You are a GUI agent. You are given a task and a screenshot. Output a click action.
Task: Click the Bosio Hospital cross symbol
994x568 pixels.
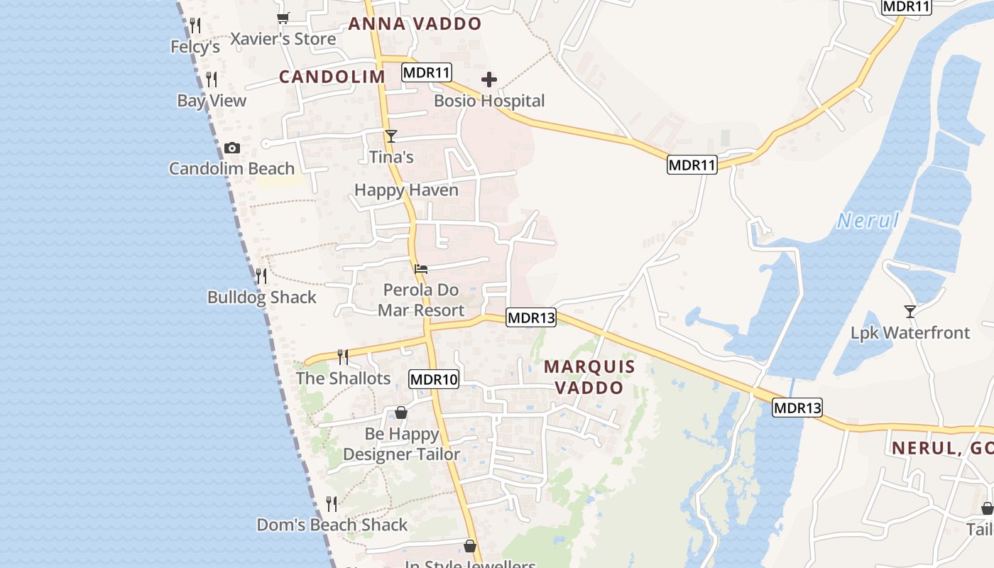pyautogui.click(x=489, y=80)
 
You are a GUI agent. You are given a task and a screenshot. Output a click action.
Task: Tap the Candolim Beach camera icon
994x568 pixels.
pyautogui.click(x=231, y=148)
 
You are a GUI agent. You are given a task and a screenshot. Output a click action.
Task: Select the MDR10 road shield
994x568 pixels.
pyautogui.click(x=434, y=379)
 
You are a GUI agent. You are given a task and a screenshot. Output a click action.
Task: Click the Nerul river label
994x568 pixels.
pyautogui.click(x=868, y=221)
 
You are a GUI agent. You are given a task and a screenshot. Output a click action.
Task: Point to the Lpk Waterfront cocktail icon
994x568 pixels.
pyautogui.click(x=910, y=311)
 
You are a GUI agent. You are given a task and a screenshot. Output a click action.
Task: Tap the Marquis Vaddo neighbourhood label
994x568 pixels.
pyautogui.click(x=589, y=377)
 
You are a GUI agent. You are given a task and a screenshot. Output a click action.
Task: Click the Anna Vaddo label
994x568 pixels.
pyautogui.click(x=415, y=23)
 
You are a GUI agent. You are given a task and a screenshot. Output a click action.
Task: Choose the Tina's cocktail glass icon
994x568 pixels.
pyautogui.click(x=390, y=136)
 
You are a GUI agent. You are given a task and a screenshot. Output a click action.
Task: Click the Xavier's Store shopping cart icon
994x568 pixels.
pyautogui.click(x=283, y=18)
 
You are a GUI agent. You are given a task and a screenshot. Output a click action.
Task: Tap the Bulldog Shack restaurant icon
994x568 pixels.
pyautogui.click(x=261, y=275)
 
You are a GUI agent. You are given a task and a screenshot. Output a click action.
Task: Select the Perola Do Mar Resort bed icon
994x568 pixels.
pyautogui.click(x=421, y=269)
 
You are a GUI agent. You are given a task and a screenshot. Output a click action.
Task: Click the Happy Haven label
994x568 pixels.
pyautogui.click(x=406, y=190)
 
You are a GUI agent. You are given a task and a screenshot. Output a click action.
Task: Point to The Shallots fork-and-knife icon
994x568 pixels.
pyautogui.click(x=342, y=356)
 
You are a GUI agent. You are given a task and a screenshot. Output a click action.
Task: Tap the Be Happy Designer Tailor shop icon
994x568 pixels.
pyautogui.click(x=401, y=413)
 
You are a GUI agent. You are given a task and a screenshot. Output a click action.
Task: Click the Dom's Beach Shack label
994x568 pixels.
pyautogui.click(x=332, y=525)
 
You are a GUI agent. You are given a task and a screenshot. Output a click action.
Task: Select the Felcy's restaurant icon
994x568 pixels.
pyautogui.click(x=195, y=26)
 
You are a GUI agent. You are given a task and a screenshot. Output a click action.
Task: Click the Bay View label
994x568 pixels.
pyautogui.click(x=212, y=101)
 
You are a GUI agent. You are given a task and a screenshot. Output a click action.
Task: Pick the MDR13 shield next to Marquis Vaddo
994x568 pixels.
pyautogui.click(x=530, y=317)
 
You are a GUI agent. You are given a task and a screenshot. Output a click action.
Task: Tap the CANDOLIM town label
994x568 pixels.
pyautogui.click(x=332, y=77)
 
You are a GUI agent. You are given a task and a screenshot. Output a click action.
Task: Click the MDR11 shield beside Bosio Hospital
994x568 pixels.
pyautogui.click(x=426, y=72)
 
